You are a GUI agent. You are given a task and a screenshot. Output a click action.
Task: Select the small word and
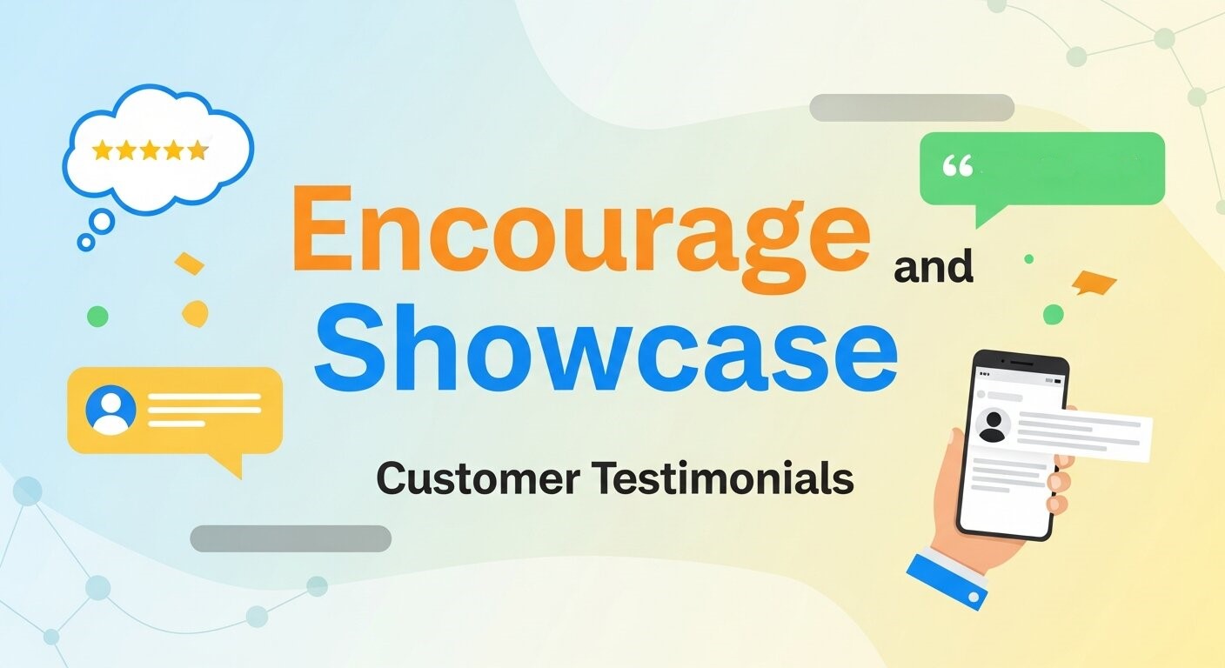click(x=934, y=268)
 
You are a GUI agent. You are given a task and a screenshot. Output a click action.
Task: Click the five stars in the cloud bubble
click(x=150, y=150)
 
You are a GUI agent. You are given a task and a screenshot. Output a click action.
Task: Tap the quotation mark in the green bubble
click(x=958, y=166)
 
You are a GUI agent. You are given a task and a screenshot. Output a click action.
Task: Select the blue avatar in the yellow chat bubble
click(x=111, y=410)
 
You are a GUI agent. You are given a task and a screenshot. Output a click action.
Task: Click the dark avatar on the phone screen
click(x=993, y=425)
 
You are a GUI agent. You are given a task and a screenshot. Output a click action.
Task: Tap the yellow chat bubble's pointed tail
click(x=229, y=466)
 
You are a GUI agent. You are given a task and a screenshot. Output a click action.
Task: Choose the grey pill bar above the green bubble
click(x=912, y=108)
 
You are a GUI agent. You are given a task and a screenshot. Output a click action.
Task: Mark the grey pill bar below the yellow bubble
click(x=291, y=538)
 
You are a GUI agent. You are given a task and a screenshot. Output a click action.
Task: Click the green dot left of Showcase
click(x=97, y=316)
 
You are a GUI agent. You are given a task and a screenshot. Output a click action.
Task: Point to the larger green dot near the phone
click(x=1054, y=314)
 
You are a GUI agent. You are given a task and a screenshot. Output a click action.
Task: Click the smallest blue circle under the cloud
click(x=85, y=243)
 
